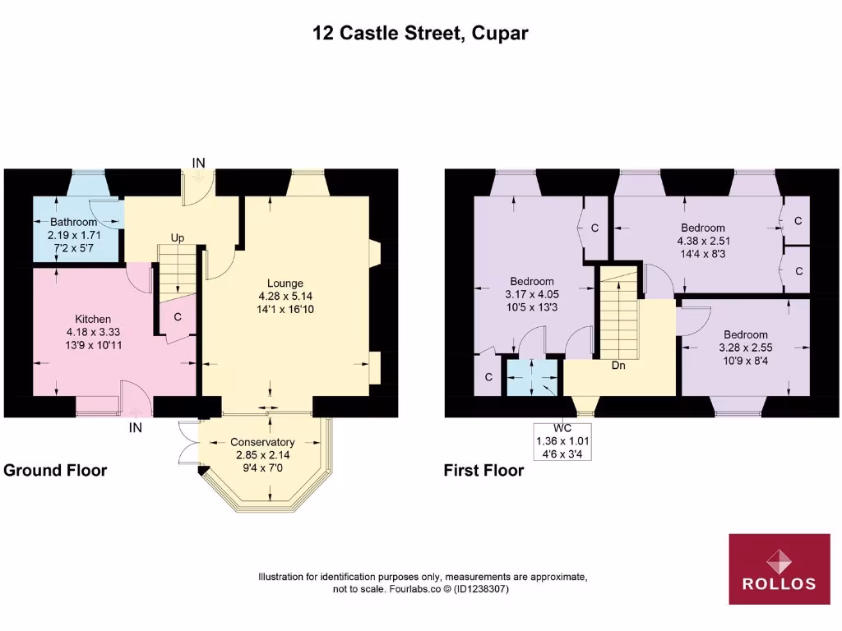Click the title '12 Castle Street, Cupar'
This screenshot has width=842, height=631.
420,34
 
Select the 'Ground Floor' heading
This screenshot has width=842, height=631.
55,471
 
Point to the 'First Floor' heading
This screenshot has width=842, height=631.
483,471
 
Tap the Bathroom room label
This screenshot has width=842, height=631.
73,222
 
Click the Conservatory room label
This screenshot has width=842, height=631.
262,442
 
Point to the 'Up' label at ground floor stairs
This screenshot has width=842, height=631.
177,237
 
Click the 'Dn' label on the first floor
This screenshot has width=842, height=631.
618,366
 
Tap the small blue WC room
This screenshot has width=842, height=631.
533,377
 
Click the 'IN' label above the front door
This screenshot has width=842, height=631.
198,163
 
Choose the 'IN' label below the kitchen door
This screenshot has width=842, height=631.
135,427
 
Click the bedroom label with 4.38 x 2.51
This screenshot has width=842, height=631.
702,228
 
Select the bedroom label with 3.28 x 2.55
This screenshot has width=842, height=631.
746,334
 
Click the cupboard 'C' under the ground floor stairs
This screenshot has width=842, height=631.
177,316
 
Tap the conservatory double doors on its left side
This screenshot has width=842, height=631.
188,444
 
